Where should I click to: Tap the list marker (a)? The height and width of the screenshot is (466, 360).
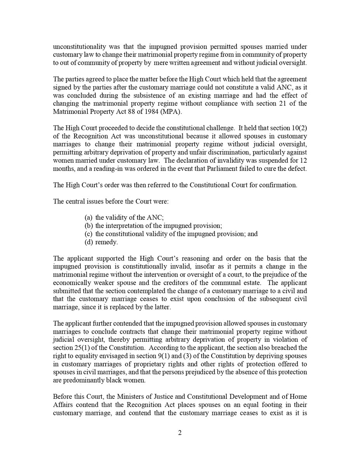tap(89, 218)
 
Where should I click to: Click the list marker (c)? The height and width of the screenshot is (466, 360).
tap(89, 234)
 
